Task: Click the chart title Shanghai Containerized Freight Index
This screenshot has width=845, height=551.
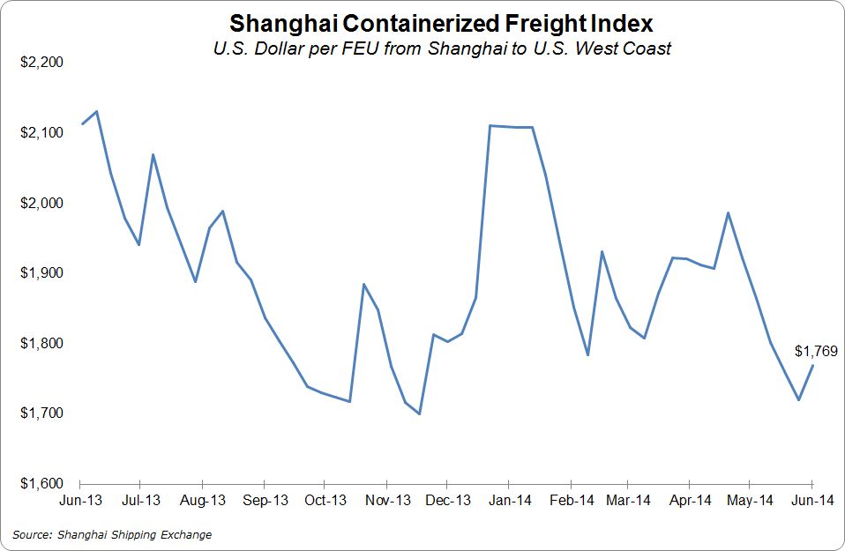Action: point(441,22)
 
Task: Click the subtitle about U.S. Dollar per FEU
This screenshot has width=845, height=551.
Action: point(441,48)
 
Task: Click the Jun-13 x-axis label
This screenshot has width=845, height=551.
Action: point(80,501)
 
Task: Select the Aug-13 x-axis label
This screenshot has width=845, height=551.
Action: point(204,501)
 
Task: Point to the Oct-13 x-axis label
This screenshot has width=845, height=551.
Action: point(325,501)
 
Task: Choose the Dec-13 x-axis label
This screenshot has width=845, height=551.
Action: point(447,501)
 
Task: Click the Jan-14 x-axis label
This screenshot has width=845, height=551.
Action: point(509,501)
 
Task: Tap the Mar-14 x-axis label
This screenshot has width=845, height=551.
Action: point(628,501)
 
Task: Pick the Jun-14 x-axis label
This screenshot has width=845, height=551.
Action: point(811,501)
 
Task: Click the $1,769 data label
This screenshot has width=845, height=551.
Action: point(814,352)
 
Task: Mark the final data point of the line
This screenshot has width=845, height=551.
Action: point(812,365)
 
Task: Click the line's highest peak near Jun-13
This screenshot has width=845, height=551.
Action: point(96,111)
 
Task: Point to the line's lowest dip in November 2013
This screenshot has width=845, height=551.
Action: point(419,413)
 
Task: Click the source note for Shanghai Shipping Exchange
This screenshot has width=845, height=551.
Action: point(112,534)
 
